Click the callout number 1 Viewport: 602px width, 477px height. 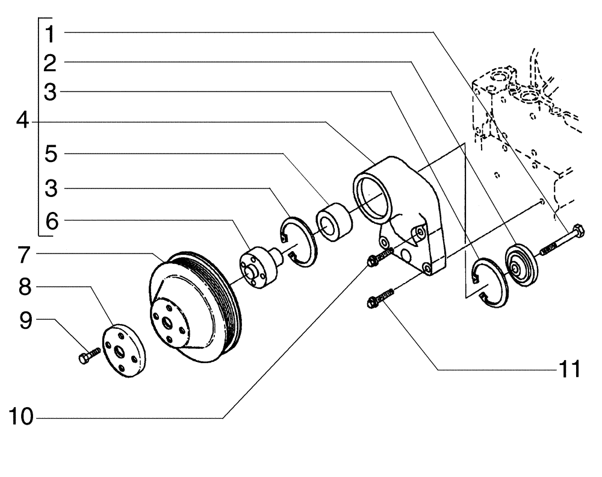pyautogui.click(x=51, y=34)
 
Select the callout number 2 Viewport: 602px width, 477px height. pyautogui.click(x=51, y=63)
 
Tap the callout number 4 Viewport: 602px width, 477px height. pyautogui.click(x=22, y=122)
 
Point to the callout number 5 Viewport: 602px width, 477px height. pyautogui.click(x=51, y=154)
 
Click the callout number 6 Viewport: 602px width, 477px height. pyautogui.click(x=51, y=221)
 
